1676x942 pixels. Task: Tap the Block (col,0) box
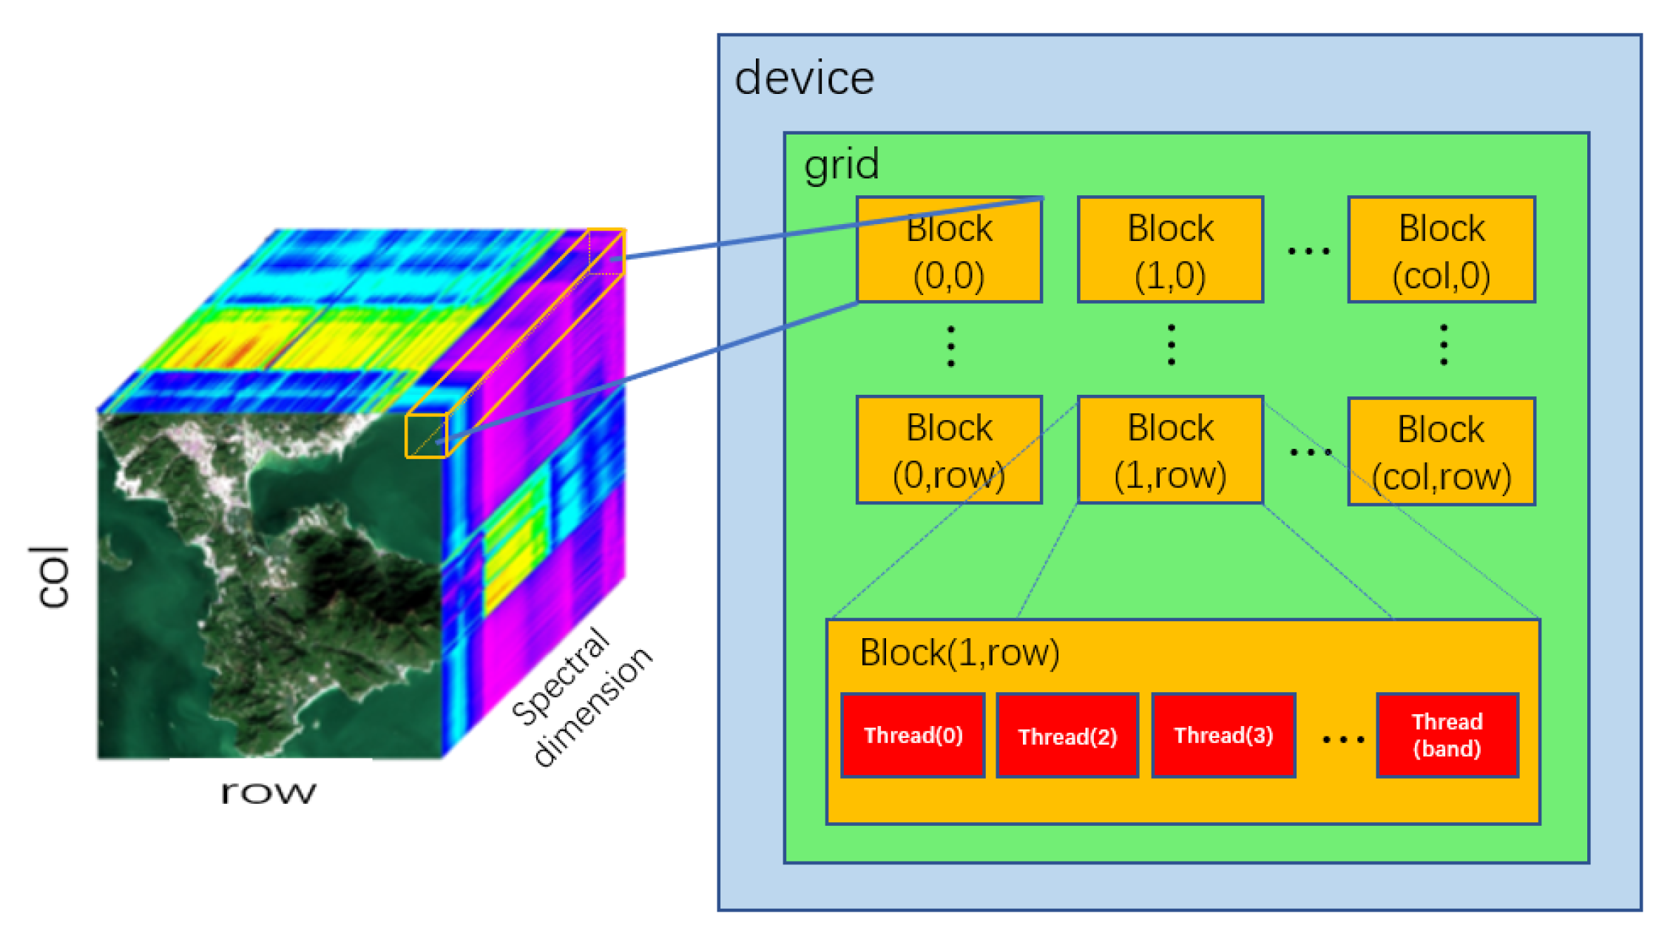click(x=1441, y=250)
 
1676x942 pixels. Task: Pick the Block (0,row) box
click(x=949, y=450)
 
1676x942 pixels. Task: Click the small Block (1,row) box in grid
click(x=1170, y=450)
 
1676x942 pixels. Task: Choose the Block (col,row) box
click(x=1441, y=452)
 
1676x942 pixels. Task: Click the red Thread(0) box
click(x=913, y=735)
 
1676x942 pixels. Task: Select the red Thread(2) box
click(x=1067, y=735)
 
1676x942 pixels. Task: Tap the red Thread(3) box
click(x=1223, y=735)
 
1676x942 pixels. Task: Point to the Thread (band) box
click(x=1447, y=735)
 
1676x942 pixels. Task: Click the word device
click(x=804, y=78)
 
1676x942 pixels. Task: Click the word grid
click(x=842, y=164)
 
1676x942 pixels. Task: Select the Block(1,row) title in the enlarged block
click(x=959, y=653)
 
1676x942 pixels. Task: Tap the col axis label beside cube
click(x=53, y=577)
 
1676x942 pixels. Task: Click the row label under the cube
click(x=268, y=792)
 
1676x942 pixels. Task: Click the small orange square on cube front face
click(x=426, y=436)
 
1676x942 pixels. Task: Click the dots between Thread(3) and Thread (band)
click(x=1342, y=739)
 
